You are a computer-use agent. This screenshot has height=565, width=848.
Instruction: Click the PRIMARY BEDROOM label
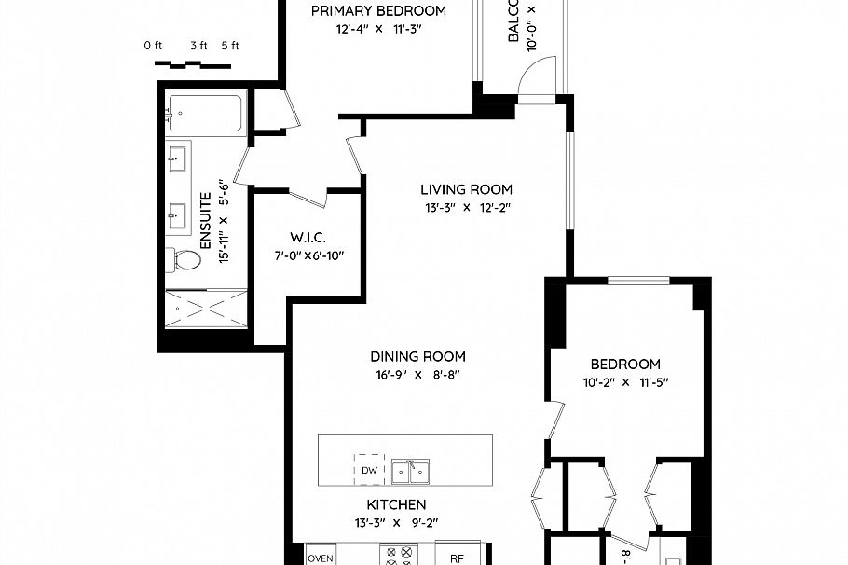378,11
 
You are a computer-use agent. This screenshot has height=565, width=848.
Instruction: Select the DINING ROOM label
417,356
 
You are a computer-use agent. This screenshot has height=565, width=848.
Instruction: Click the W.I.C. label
307,237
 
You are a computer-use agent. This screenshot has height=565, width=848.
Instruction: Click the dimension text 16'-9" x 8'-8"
417,374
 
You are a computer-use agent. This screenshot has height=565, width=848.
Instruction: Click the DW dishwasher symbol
369,470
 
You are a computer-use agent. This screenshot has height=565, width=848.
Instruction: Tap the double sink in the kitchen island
410,472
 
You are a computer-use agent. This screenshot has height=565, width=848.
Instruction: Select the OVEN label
321,558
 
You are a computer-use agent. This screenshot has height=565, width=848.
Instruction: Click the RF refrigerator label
457,558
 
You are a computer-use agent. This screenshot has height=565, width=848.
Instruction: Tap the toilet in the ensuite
185,259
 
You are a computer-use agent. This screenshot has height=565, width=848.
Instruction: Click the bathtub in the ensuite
207,113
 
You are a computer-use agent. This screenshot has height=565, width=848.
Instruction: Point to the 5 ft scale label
229,46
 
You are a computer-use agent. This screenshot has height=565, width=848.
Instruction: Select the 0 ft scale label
154,46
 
